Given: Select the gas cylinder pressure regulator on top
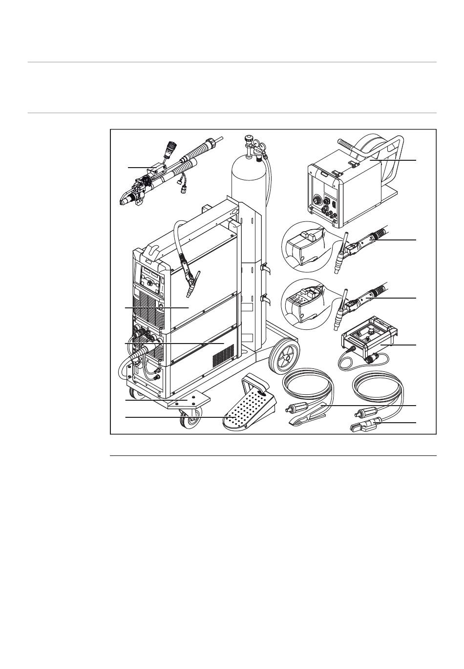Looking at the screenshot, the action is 254,146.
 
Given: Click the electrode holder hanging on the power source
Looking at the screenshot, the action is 190,281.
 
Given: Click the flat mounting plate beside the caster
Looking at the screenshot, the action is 188,402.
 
